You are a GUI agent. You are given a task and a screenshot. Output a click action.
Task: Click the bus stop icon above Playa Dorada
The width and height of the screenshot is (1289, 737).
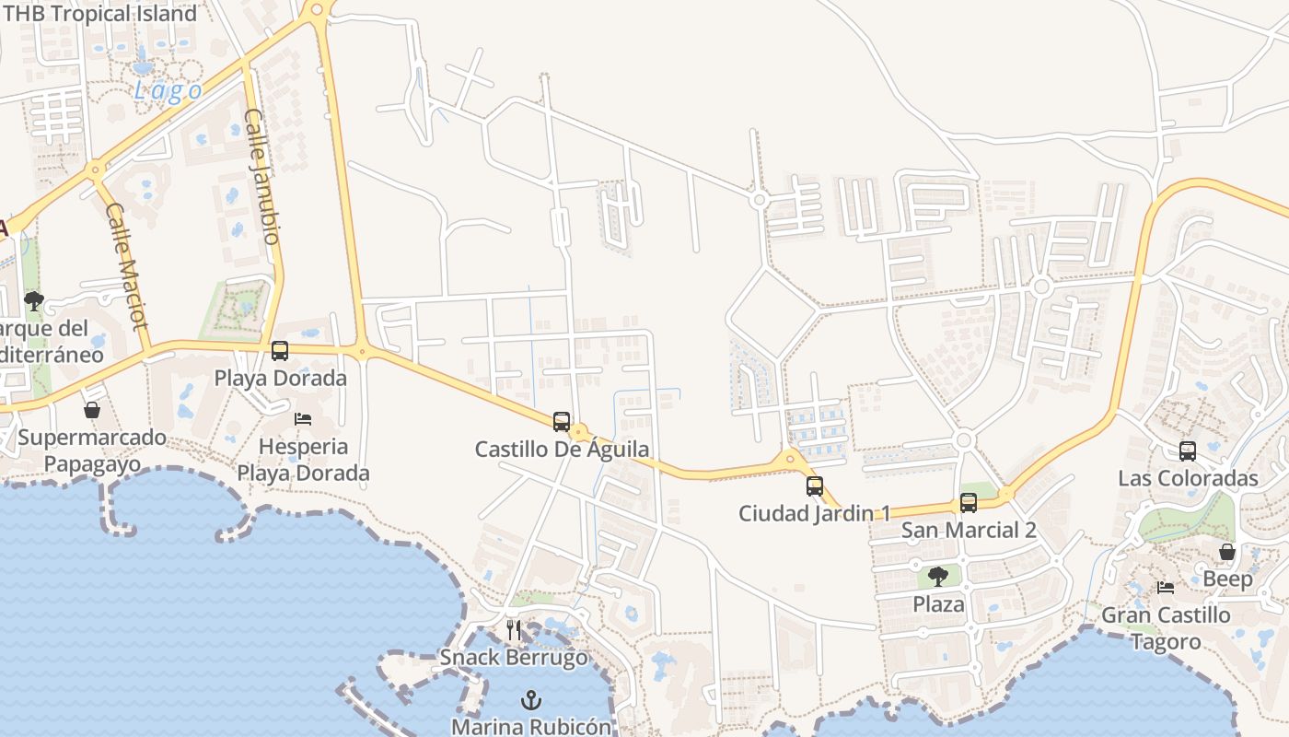tap(280, 351)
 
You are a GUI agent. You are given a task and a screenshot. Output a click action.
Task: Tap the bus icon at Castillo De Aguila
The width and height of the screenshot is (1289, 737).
tap(562, 422)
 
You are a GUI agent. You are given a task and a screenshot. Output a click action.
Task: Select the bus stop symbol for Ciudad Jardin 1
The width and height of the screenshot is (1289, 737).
tap(815, 486)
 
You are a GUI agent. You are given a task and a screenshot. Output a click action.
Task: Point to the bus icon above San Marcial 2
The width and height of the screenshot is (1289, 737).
tap(969, 503)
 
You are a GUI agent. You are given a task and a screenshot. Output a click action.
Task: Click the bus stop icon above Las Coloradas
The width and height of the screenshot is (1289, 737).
tap(1188, 451)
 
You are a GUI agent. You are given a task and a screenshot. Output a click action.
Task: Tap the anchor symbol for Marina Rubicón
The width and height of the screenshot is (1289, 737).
tap(531, 701)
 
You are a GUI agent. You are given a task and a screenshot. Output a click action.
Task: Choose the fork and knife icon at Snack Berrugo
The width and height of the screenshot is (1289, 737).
tap(514, 630)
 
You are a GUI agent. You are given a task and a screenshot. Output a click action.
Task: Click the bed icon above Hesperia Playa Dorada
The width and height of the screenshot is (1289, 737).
tap(303, 419)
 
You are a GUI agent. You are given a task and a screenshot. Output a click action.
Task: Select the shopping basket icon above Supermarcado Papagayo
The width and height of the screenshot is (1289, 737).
tap(92, 410)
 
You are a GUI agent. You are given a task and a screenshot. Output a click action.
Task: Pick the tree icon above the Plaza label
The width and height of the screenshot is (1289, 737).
tap(938, 578)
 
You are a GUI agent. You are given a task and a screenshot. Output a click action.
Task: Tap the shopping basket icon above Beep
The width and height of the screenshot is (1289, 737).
tap(1227, 552)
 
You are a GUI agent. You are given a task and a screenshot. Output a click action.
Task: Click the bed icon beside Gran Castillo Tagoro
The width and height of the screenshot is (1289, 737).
tap(1166, 588)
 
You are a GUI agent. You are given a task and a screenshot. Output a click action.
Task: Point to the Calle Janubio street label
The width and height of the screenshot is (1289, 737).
tap(261, 176)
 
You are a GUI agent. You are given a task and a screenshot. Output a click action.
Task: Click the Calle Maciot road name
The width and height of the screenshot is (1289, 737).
tap(127, 266)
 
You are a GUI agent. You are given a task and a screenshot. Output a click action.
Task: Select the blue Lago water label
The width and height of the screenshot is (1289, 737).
tap(168, 91)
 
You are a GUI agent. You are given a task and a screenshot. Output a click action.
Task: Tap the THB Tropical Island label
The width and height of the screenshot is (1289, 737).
tap(100, 14)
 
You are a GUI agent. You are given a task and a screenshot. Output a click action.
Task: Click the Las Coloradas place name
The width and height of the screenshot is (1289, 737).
tap(1188, 478)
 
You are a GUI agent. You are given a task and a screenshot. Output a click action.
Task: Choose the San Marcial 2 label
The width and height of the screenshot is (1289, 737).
tap(969, 530)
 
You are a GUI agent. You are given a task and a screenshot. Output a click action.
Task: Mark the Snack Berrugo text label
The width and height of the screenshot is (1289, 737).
tap(514, 657)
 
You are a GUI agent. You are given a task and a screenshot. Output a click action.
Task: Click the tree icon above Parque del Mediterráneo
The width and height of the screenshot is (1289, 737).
tap(34, 301)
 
